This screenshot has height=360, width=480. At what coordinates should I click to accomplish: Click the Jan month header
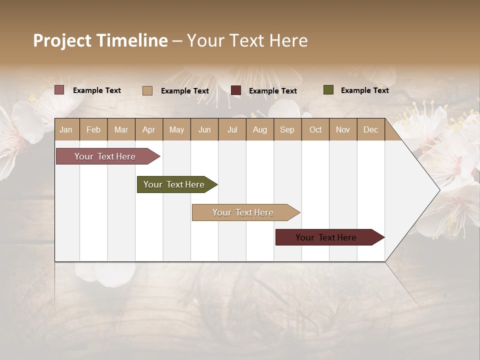(x=66, y=129)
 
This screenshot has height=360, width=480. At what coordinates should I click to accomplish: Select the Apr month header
(x=148, y=129)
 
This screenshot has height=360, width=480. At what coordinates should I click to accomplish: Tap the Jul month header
(x=232, y=129)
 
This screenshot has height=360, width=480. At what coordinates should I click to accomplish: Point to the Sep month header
(x=287, y=129)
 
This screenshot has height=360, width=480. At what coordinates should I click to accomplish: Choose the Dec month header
(x=370, y=129)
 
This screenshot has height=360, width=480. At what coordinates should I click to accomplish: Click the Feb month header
(x=93, y=129)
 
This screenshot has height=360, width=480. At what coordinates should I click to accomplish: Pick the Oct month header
(x=315, y=129)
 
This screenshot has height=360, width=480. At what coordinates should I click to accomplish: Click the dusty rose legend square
(x=59, y=90)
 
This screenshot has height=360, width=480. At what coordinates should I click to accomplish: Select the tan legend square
(x=147, y=90)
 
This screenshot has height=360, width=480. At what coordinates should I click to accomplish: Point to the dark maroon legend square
(x=236, y=90)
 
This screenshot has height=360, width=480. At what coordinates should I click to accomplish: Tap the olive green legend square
(x=328, y=90)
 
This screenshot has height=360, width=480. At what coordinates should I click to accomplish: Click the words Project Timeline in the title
(x=100, y=40)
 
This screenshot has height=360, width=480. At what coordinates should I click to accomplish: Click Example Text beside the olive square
(x=364, y=90)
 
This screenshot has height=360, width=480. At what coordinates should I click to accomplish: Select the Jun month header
(x=204, y=129)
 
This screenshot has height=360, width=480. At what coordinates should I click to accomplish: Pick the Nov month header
(x=342, y=129)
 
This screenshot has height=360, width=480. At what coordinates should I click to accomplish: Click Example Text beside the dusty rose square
(x=97, y=90)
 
